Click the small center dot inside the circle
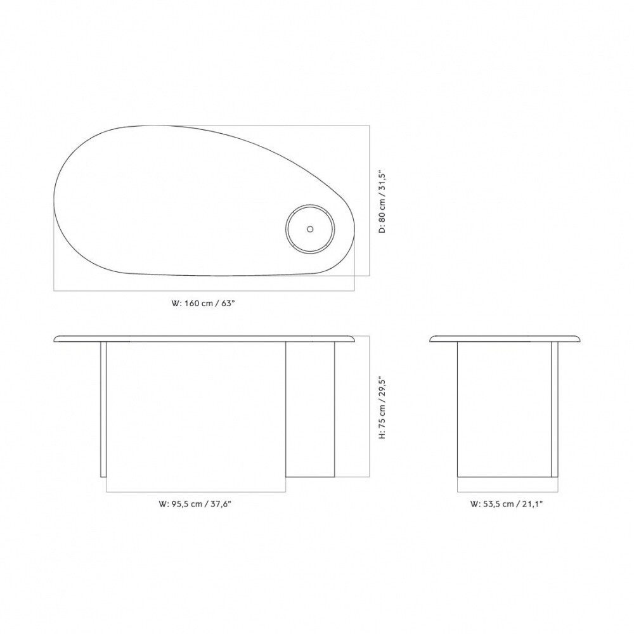[x=310, y=229]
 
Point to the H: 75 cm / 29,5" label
[x=382, y=408]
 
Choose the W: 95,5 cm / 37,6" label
[x=195, y=504]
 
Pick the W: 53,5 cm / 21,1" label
[x=506, y=504]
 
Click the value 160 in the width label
[x=191, y=303]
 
